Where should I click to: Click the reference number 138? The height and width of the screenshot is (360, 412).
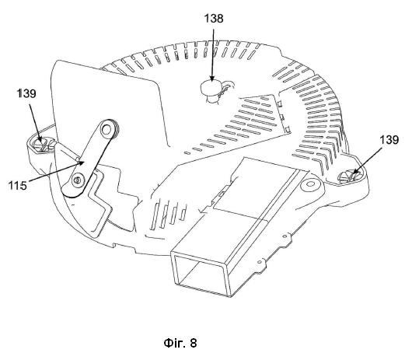pyautogui.click(x=214, y=19)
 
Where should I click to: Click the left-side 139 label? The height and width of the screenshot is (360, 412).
pyautogui.click(x=26, y=93)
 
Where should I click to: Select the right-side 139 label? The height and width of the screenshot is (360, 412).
pyautogui.click(x=389, y=140)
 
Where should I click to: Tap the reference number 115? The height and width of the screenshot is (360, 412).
pyautogui.click(x=18, y=186)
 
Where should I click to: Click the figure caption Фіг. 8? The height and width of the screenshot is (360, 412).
pyautogui.click(x=180, y=343)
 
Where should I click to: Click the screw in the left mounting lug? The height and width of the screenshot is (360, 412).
pyautogui.click(x=42, y=145)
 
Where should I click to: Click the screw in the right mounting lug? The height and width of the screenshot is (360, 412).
pyautogui.click(x=350, y=177)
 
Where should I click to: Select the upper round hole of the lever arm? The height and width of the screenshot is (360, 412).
pyautogui.click(x=106, y=129)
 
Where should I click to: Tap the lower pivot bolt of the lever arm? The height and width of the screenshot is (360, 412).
pyautogui.click(x=77, y=180)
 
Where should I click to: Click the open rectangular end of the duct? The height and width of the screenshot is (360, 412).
pyautogui.click(x=201, y=273)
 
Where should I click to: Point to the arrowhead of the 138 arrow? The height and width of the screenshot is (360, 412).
pyautogui.click(x=212, y=78)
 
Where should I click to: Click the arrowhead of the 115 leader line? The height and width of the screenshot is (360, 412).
pyautogui.click(x=82, y=163)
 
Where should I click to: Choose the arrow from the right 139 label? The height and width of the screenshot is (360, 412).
pyautogui.click(x=368, y=161)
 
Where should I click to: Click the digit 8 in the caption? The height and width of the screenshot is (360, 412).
pyautogui.click(x=194, y=343)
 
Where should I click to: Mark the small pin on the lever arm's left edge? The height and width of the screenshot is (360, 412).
pyautogui.click(x=77, y=159)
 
